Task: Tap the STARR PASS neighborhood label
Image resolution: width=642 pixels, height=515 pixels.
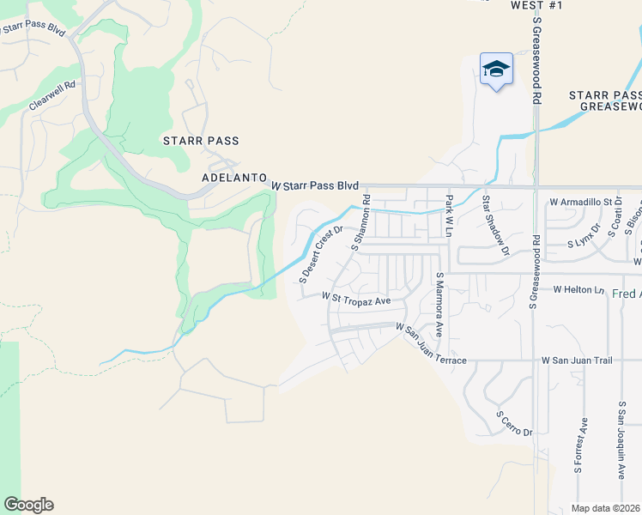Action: point(201,140)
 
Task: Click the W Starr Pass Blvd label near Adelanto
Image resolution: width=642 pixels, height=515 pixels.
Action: point(315,185)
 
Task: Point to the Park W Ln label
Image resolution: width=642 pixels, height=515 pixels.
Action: point(448,215)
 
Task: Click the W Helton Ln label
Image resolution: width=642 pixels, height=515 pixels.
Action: point(579,290)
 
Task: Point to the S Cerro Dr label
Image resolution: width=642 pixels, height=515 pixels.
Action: point(514,423)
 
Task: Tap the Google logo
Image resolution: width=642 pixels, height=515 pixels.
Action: point(28,505)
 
